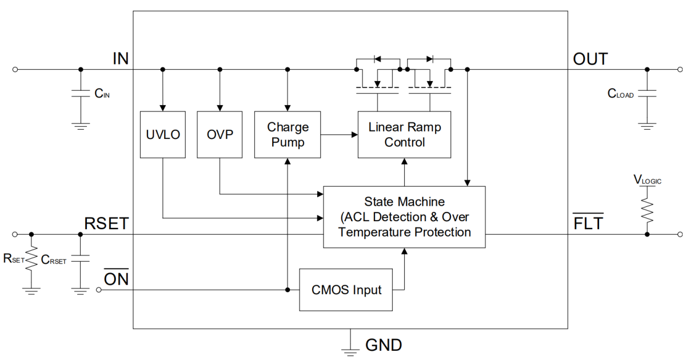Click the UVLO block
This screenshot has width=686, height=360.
(163, 134)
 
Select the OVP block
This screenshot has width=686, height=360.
(220, 134)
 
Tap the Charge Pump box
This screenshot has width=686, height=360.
(288, 134)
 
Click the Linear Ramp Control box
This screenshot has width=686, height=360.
(404, 134)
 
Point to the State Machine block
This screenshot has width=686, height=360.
(404, 217)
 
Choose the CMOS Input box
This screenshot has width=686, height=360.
(346, 290)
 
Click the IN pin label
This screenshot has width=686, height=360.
(121, 58)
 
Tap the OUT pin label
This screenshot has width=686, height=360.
(591, 58)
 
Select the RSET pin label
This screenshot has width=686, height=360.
(106, 223)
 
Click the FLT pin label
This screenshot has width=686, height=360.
(588, 223)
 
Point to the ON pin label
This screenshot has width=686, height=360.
(116, 279)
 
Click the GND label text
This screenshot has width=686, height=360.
(384, 345)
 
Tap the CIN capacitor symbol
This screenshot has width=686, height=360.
(80, 93)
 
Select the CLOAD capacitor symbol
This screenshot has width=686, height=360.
(647, 93)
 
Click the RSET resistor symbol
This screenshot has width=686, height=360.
(31, 259)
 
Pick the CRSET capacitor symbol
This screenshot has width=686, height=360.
(80, 259)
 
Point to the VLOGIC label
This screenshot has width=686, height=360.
(647, 180)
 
